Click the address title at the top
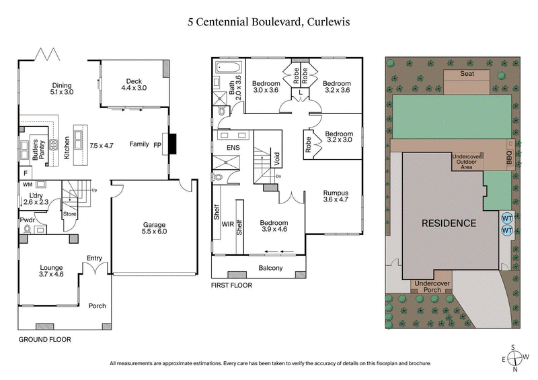(x=269, y=21)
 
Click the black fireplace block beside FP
(x=172, y=143)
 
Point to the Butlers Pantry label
(x=36, y=147)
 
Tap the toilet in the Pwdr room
(x=27, y=230)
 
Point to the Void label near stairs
(x=278, y=159)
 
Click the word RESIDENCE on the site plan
(x=449, y=223)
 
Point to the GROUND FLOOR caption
(x=44, y=340)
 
